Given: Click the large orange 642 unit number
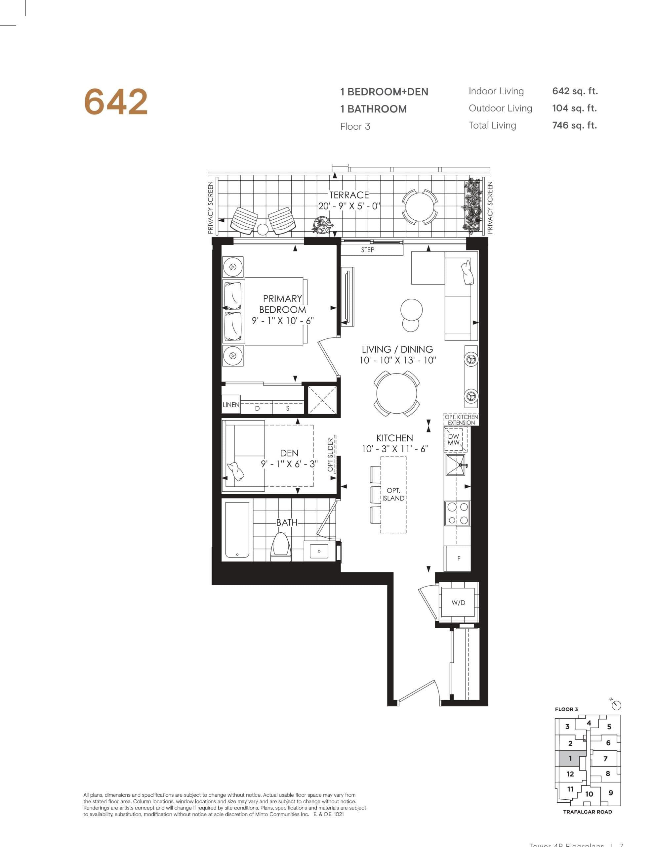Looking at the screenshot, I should (x=115, y=102).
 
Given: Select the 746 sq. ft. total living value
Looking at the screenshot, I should (x=574, y=125).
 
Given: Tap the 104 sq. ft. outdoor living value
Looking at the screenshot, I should (x=574, y=108).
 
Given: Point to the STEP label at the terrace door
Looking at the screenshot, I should (x=368, y=250).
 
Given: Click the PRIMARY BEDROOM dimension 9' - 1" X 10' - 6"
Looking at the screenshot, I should (x=282, y=321).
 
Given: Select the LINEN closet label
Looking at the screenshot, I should (x=231, y=405).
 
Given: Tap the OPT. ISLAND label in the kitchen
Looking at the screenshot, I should (x=393, y=495).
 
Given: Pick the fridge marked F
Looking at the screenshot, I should (x=459, y=558).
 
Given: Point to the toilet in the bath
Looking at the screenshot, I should (x=281, y=546).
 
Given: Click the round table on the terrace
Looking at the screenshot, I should (x=420, y=206).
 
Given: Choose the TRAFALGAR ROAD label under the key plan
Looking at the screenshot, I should (x=587, y=812).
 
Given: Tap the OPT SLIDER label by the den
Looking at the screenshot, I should (x=331, y=455).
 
